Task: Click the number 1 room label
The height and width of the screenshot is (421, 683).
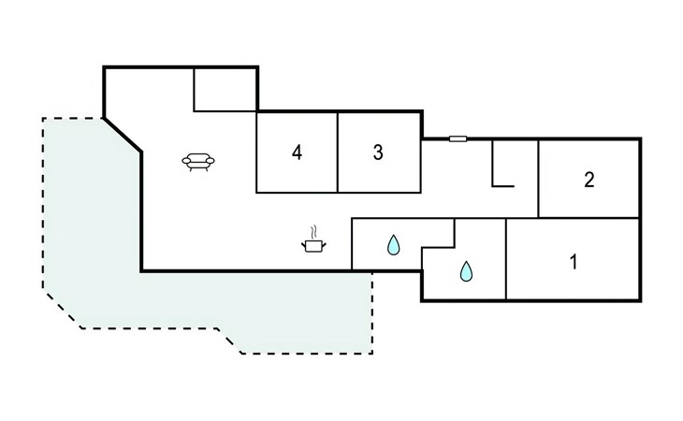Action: (x=574, y=262)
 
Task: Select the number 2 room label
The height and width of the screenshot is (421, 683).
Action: (x=589, y=180)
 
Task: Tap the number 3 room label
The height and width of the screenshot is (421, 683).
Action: (x=378, y=152)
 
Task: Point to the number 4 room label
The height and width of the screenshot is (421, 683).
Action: (x=298, y=152)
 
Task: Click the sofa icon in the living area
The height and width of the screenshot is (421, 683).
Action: (x=198, y=162)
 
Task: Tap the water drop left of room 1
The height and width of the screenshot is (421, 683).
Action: (x=466, y=271)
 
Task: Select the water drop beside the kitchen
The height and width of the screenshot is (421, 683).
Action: (x=393, y=245)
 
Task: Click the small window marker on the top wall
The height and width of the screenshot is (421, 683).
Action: (x=458, y=138)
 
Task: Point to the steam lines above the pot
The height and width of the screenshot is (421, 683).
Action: (x=313, y=231)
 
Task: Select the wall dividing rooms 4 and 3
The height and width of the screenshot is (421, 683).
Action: (x=338, y=152)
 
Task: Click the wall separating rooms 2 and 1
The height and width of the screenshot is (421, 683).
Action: (x=589, y=218)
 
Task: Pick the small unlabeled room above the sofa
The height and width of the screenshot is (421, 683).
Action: (x=225, y=90)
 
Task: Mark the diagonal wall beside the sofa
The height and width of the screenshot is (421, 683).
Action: (x=123, y=135)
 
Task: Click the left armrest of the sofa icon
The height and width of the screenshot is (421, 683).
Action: (x=186, y=161)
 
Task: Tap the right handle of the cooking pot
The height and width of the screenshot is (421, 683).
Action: (x=324, y=245)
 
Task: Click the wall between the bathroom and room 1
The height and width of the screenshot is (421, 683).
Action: (x=506, y=259)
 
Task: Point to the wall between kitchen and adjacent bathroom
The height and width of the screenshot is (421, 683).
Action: (x=352, y=244)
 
